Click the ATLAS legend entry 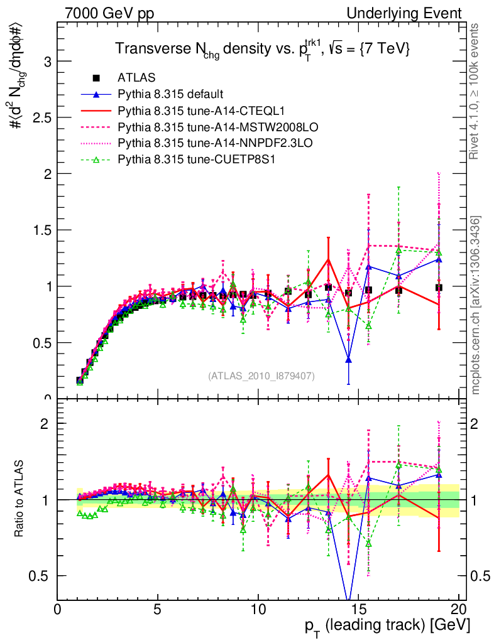tap(134, 78)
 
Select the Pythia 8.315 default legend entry tap(170, 94)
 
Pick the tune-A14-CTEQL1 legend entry tap(189, 111)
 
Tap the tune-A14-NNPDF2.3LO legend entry tap(197, 143)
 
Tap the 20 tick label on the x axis tap(459, 609)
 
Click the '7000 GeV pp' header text tap(109, 13)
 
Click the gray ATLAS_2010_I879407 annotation tap(261, 376)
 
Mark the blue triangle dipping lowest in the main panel tap(349, 360)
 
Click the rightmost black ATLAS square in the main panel tap(439, 288)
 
